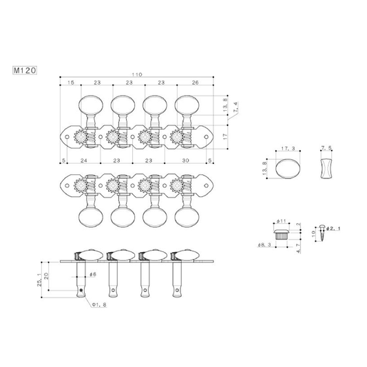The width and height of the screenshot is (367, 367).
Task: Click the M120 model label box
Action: [x=25, y=70]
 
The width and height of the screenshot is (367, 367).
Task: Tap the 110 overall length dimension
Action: [x=137, y=74]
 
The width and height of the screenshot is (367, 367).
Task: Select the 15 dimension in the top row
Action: [x=71, y=83]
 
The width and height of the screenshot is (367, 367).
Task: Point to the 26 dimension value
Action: [x=195, y=83]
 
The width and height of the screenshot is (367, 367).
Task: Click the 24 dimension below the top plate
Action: [x=84, y=160]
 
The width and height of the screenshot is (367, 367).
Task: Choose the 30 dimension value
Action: [x=186, y=160]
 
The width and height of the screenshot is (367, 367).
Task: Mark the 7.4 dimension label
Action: [x=235, y=107]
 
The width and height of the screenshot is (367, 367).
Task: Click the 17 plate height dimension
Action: [x=225, y=137]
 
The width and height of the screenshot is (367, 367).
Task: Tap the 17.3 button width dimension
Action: [x=288, y=149]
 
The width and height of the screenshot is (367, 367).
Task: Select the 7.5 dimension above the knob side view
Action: [x=326, y=148]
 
